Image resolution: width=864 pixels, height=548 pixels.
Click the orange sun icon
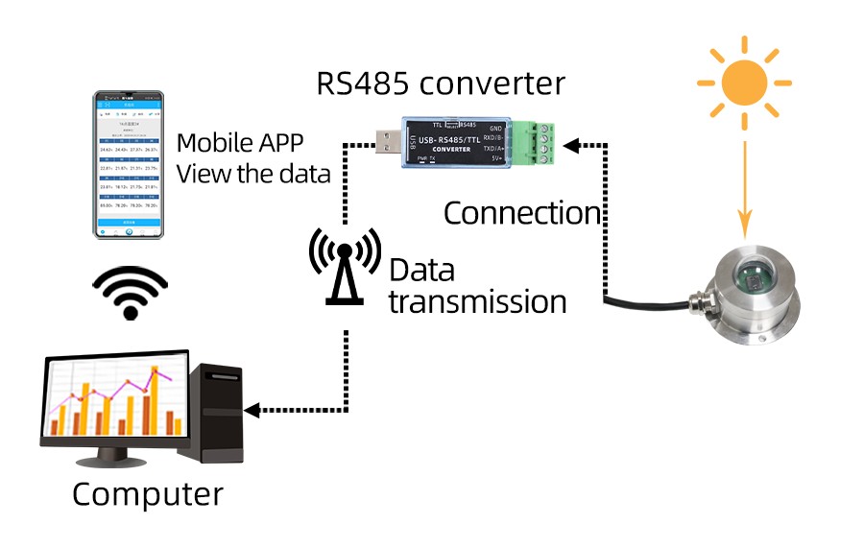pyautogui.click(x=744, y=83)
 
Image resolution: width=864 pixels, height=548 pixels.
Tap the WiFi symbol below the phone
pyautogui.click(x=129, y=294)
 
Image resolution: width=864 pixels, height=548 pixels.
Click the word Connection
pyautogui.click(x=521, y=213)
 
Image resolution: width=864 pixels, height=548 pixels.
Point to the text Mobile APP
pyautogui.click(x=240, y=144)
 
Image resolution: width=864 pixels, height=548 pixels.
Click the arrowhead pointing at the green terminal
pyautogui.click(x=571, y=145)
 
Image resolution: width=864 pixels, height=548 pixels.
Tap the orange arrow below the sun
pyautogui.click(x=744, y=192)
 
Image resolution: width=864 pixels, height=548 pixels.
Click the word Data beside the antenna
pyautogui.click(x=421, y=271)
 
